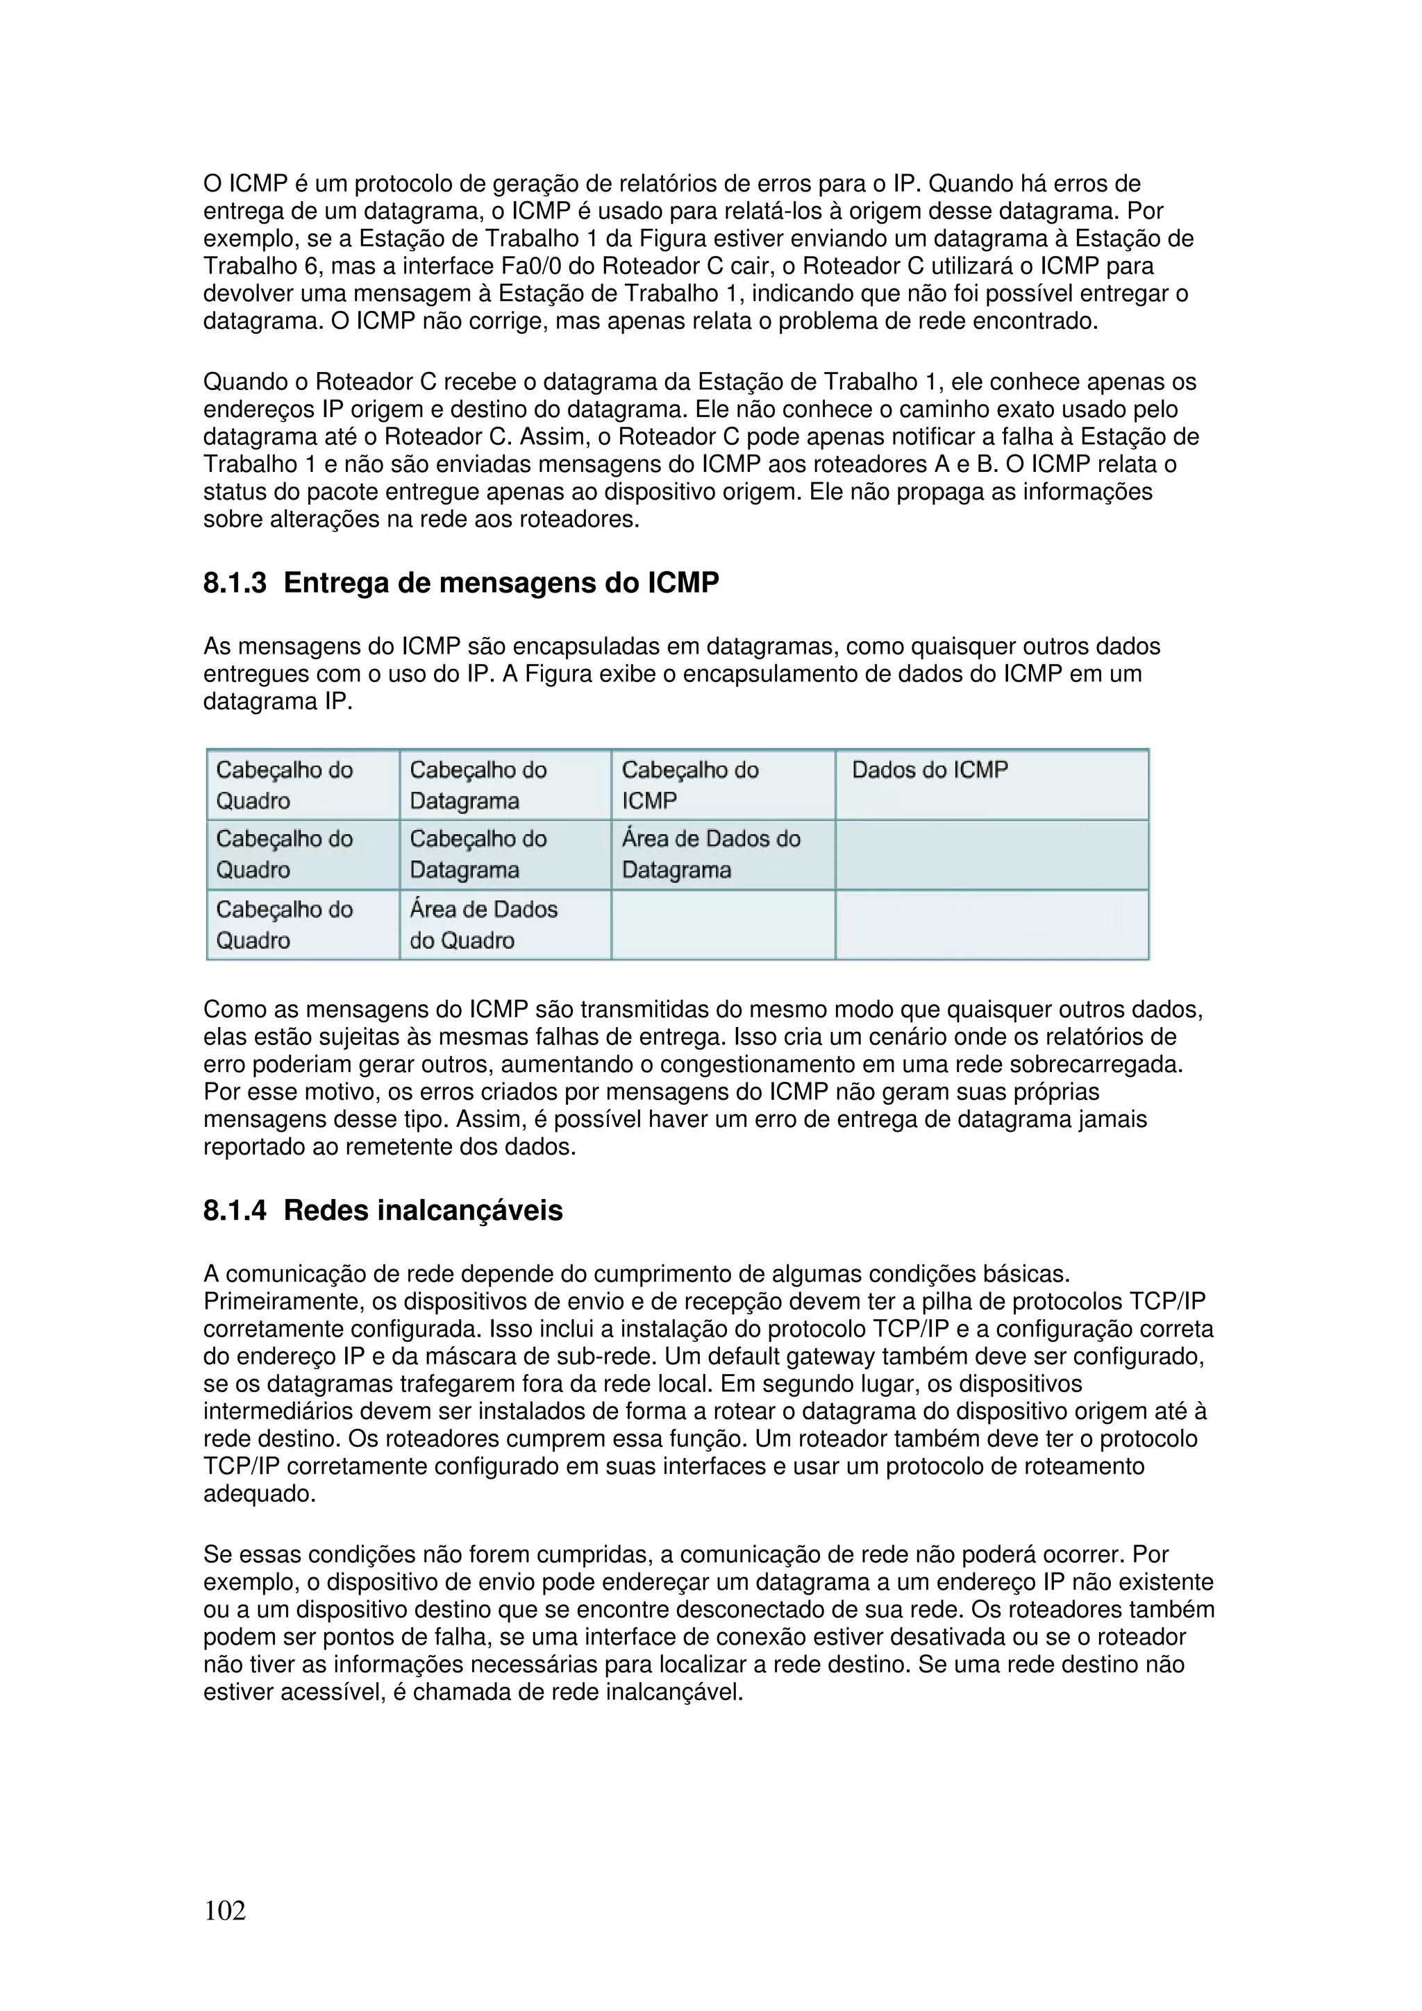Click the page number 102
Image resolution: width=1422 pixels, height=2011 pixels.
tap(224, 1910)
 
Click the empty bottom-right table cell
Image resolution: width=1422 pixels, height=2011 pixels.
tap(991, 925)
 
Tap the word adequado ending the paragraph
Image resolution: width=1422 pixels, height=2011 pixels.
tap(257, 1494)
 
